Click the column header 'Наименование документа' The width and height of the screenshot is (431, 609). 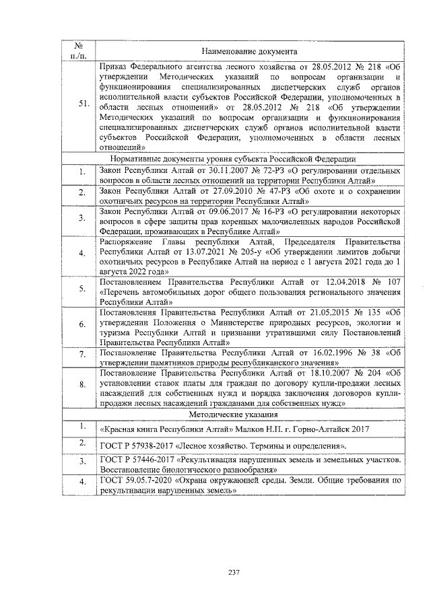(x=250, y=51)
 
